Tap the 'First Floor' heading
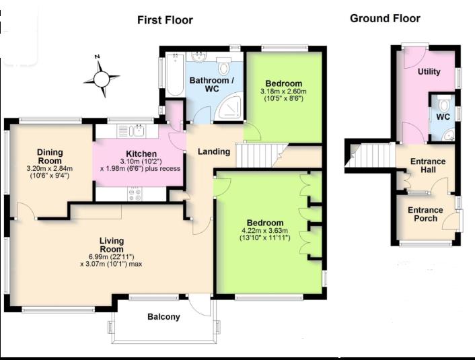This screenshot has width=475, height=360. coord(165,20)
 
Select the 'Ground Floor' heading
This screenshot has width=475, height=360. coord(385,18)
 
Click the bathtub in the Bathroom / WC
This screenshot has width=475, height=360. coord(175,74)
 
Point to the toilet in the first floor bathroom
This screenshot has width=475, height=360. coord(224,66)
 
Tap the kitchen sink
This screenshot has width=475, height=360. coord(137,131)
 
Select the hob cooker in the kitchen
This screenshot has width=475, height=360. coord(135,194)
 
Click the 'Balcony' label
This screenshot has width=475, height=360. coord(163,317)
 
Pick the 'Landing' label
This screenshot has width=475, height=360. coord(214,151)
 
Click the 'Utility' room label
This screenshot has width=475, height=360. coord(429,72)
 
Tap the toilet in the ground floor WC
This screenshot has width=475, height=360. coord(444,103)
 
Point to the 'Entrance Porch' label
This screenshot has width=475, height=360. coord(425,214)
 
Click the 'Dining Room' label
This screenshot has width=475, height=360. coord(49,156)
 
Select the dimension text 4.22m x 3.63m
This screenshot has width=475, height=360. coord(265,231)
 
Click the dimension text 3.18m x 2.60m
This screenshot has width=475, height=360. coord(283,92)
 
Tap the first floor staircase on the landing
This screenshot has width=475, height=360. coord(262,155)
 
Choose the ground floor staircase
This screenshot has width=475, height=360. coord(370,155)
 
